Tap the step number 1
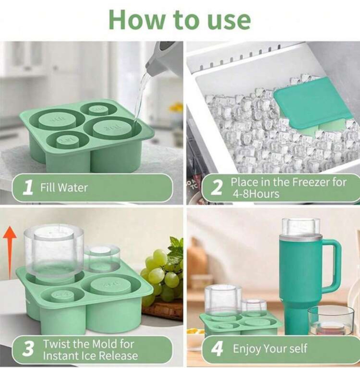click(28, 188)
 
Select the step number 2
click(216, 188)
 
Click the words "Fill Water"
click(64, 188)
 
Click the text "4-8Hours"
click(256, 194)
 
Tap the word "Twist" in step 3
click(57, 344)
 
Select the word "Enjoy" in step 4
click(247, 349)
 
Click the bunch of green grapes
click(162, 274)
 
